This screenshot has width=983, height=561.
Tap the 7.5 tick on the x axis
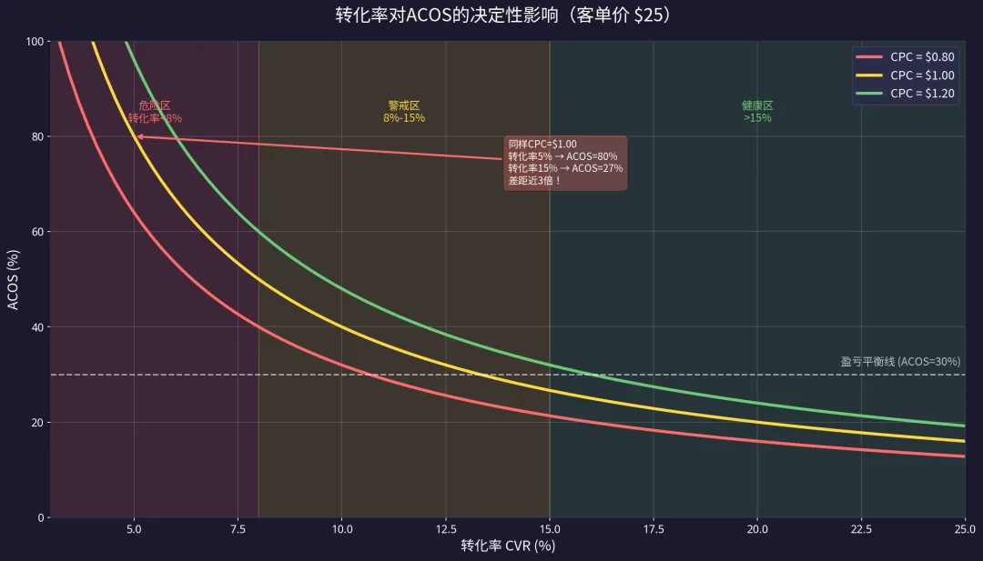[x=238, y=530]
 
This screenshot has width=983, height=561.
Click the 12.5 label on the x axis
[x=445, y=530]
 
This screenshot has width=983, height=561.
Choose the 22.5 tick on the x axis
[x=861, y=530]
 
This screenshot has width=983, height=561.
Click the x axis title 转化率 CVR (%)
[x=507, y=546]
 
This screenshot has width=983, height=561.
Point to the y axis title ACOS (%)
[x=14, y=279]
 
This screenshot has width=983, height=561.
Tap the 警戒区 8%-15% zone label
[x=404, y=112]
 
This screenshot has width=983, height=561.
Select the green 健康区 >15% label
[x=757, y=112]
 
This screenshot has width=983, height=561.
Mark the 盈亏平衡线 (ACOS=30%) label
[x=900, y=362]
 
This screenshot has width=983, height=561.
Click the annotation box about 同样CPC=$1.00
[x=565, y=163]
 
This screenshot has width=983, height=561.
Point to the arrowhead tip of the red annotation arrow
[x=137, y=136]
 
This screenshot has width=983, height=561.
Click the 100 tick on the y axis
[x=34, y=41]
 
